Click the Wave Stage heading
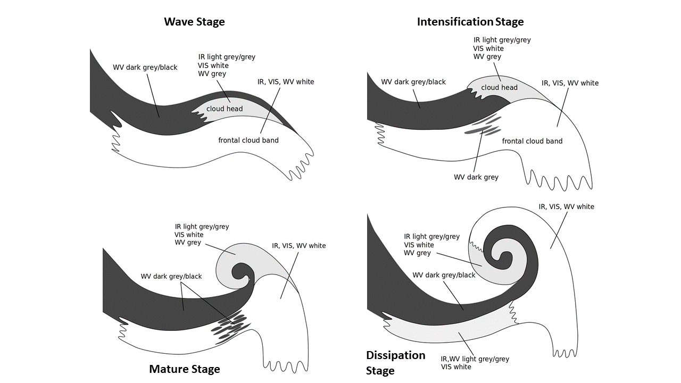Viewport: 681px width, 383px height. click(194, 22)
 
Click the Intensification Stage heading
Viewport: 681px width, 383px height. click(470, 22)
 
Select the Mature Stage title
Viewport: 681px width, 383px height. click(184, 369)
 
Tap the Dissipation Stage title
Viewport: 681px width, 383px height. click(395, 363)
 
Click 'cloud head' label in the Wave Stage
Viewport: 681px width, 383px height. click(225, 109)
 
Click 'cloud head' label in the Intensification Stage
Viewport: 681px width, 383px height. click(499, 88)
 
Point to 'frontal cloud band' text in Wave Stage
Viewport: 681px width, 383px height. click(248, 140)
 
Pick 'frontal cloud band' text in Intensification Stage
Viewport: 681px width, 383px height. click(532, 141)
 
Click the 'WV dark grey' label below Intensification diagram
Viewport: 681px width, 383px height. click(476, 177)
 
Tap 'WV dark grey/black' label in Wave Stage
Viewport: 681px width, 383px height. click(145, 68)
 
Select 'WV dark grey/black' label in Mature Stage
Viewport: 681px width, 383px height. click(171, 277)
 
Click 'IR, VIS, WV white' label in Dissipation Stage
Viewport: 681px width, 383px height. click(566, 206)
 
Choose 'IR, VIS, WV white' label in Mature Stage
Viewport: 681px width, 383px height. click(298, 246)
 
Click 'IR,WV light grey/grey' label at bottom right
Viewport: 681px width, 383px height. click(475, 359)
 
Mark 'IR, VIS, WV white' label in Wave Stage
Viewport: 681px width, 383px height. click(286, 82)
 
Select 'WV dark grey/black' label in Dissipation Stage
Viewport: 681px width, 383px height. click(444, 275)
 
